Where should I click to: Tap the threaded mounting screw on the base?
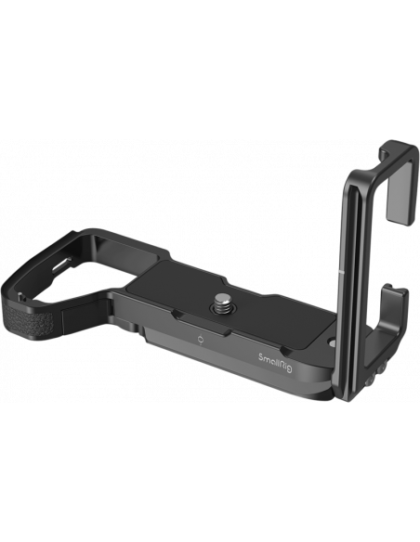point(220,302)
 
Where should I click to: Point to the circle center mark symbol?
point(200,340)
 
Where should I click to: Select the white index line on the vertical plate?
point(340,272)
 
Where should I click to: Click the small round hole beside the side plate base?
point(332,343)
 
